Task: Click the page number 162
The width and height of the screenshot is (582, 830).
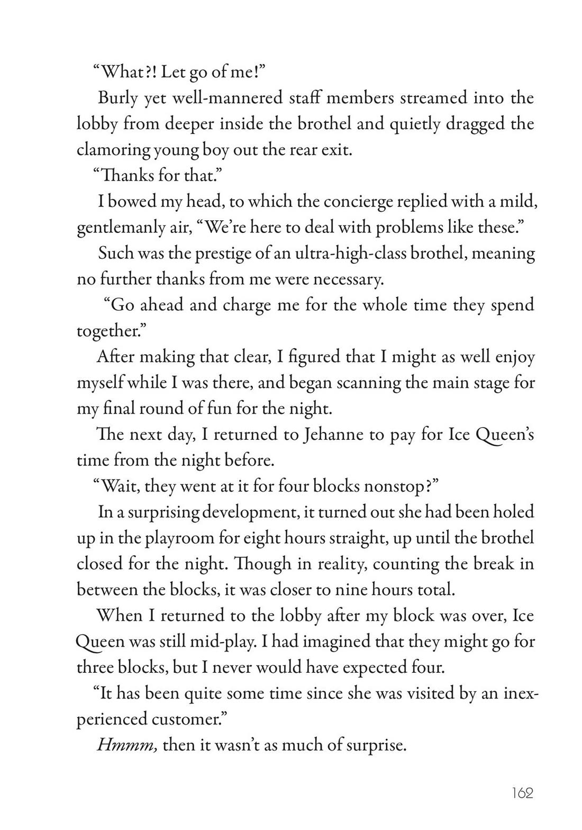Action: click(x=522, y=792)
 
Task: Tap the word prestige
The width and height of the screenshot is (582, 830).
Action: click(x=217, y=254)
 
